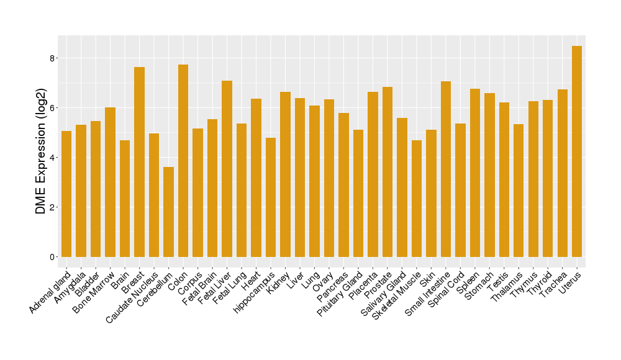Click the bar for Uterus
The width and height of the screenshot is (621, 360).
577,151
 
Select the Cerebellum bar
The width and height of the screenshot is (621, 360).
168,212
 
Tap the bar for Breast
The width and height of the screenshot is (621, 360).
139,162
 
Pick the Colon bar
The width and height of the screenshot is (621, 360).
183,161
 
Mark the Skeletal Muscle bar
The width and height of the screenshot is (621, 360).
417,199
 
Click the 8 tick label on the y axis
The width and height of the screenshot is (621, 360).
52,58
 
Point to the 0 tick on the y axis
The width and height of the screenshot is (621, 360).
52,257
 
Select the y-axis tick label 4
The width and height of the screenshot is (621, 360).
52,158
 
